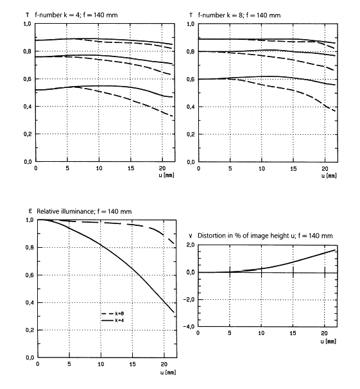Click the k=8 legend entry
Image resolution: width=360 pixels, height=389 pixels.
pos(113,314)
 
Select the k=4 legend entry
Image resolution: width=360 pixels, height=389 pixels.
pos(113,320)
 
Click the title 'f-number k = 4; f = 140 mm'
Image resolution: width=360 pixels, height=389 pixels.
pos(76,15)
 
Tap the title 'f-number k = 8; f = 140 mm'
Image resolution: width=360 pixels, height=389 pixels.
pos(239,15)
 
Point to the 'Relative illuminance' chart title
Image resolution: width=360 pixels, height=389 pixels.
pos(84,211)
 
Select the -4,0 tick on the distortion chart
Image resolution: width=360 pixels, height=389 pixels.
pos(189,327)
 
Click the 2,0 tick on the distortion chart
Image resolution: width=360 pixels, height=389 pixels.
pos(191,245)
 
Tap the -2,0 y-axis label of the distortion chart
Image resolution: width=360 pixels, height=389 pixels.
pos(189,299)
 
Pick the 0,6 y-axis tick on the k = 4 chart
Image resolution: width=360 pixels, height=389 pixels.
pos(27,79)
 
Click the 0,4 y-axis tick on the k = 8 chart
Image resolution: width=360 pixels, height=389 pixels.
pos(191,107)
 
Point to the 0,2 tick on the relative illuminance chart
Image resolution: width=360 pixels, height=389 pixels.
pos(30,330)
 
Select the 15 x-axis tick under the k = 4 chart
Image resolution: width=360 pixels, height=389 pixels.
pos(131,168)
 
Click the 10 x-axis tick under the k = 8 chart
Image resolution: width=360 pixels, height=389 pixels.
pos(262,169)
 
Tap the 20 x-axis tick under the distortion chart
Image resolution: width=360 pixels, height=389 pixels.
pos(324,333)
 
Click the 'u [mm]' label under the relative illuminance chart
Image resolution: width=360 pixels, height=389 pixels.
pos(168,372)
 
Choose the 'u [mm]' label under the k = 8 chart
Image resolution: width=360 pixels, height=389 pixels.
pos(329,176)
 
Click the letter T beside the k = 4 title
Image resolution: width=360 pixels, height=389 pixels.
pos(27,15)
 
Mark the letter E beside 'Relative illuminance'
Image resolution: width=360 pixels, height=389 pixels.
pos(30,211)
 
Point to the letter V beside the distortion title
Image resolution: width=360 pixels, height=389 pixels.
pos(191,236)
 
